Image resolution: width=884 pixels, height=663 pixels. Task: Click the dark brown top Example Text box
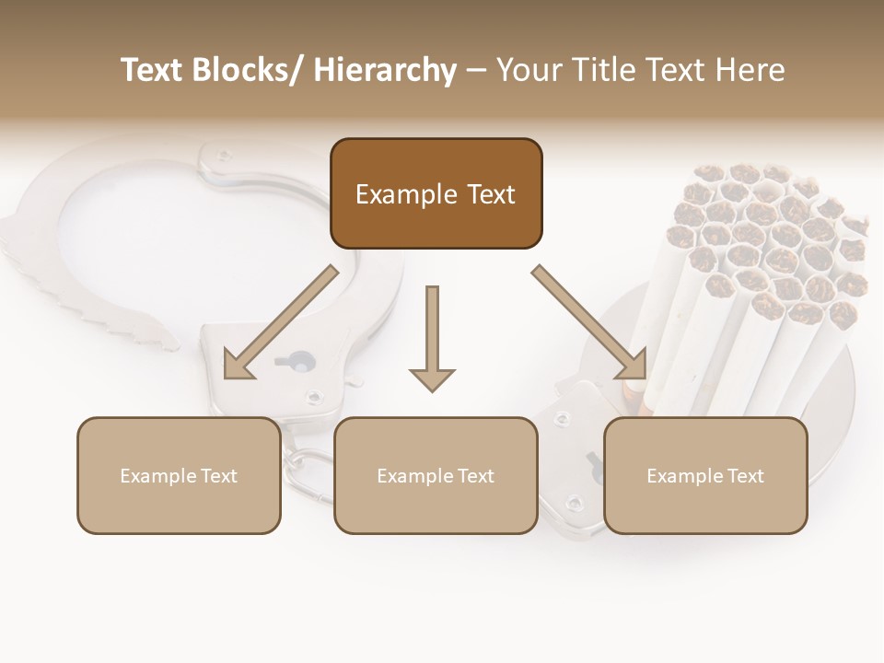click(x=436, y=193)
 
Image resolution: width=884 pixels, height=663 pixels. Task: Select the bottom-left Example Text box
click(x=179, y=475)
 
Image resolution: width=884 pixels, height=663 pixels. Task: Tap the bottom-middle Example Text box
click(x=436, y=475)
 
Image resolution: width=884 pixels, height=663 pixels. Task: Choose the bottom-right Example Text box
click(x=705, y=475)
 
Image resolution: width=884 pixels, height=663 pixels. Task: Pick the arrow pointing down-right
click(x=589, y=322)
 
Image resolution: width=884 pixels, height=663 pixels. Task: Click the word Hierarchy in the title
click(x=384, y=70)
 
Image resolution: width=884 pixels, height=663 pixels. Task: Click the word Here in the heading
click(x=750, y=70)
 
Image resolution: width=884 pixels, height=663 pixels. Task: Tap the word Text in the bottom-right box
click(x=745, y=476)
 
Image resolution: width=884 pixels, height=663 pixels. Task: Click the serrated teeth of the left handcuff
click(x=92, y=295)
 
